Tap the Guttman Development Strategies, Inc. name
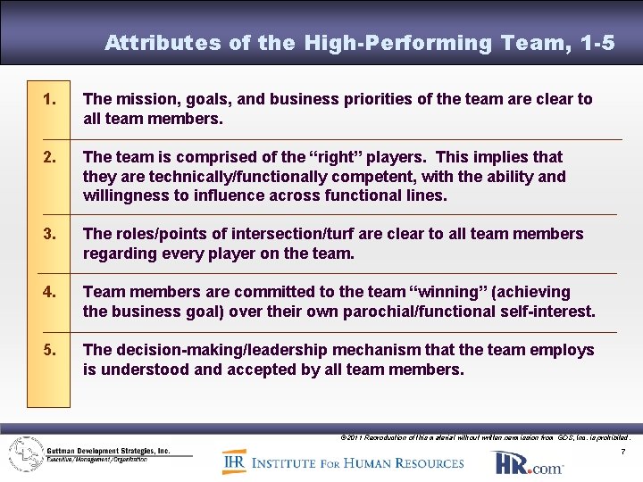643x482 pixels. pyautogui.click(x=109, y=451)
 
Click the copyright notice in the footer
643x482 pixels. pyautogui.click(x=486, y=437)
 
